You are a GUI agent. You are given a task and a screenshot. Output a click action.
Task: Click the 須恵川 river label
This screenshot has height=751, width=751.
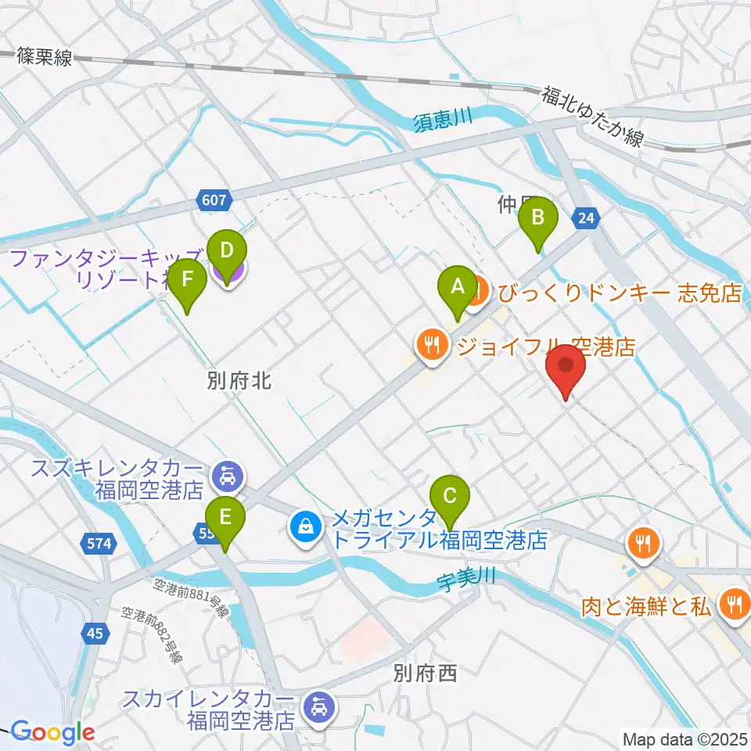(444, 119)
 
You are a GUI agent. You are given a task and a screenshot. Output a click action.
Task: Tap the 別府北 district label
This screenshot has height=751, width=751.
(239, 381)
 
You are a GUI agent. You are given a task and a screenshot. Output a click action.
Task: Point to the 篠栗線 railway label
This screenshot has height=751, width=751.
(44, 56)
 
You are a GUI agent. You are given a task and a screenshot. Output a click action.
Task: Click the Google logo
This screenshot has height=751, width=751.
(52, 733)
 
